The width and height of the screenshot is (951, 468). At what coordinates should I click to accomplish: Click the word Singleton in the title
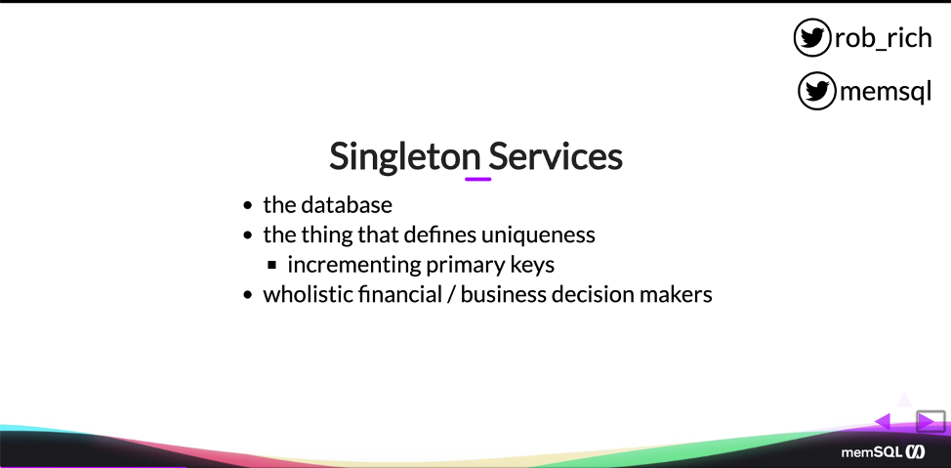pos(405,156)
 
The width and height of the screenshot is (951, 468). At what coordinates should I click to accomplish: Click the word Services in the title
pos(556,156)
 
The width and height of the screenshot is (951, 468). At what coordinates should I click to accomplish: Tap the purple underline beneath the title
pos(477,179)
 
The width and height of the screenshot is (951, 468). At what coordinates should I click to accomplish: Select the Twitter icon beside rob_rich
pos(811,38)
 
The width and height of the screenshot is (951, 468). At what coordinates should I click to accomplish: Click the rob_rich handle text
pos(883,38)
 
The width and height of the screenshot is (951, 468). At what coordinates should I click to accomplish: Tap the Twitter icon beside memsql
pos(816,91)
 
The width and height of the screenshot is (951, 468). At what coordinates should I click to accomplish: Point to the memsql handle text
pos(886,92)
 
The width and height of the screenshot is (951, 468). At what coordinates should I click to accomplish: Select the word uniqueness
pos(538,234)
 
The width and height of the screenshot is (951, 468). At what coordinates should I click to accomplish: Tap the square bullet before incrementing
pos(271,265)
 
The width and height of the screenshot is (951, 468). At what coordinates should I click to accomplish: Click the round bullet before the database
pos(247,206)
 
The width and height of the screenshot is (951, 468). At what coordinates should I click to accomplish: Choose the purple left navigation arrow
pos(883,421)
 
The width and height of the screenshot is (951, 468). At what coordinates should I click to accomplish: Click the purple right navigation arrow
pos(927,421)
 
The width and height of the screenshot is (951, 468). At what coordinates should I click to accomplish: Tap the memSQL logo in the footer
pos(883,452)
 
